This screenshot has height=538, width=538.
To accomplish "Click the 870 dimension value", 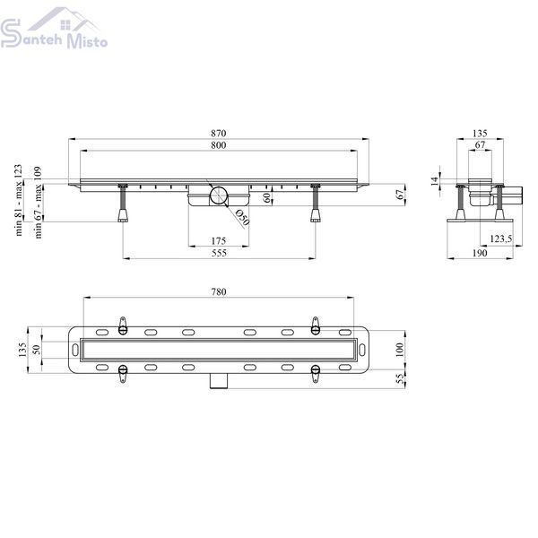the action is click(x=219, y=133).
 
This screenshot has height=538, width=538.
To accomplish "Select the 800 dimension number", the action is click(x=219, y=145).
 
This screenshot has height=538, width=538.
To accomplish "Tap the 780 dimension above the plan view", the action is click(x=219, y=291).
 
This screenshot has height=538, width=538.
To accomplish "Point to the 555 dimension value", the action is click(x=219, y=253).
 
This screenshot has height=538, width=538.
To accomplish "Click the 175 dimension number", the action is click(x=219, y=241).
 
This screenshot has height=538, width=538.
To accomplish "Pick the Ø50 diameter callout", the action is click(x=242, y=218).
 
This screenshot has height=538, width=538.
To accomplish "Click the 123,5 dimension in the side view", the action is click(x=501, y=239).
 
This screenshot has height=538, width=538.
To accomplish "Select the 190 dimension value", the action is click(x=480, y=253).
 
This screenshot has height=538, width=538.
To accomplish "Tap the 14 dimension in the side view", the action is click(x=434, y=181).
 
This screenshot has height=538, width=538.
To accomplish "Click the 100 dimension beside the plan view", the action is click(x=399, y=350).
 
